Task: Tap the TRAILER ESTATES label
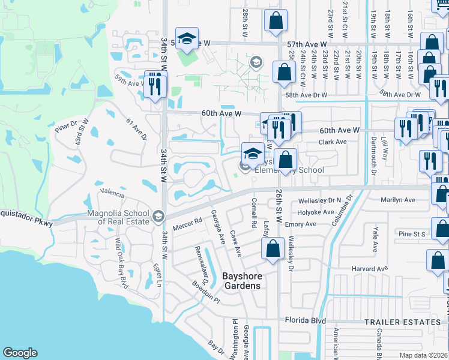tap(402, 322)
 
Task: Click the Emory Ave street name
tap(301, 224)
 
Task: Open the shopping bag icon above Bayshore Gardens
tap(273, 251)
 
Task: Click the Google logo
tap(20, 353)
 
